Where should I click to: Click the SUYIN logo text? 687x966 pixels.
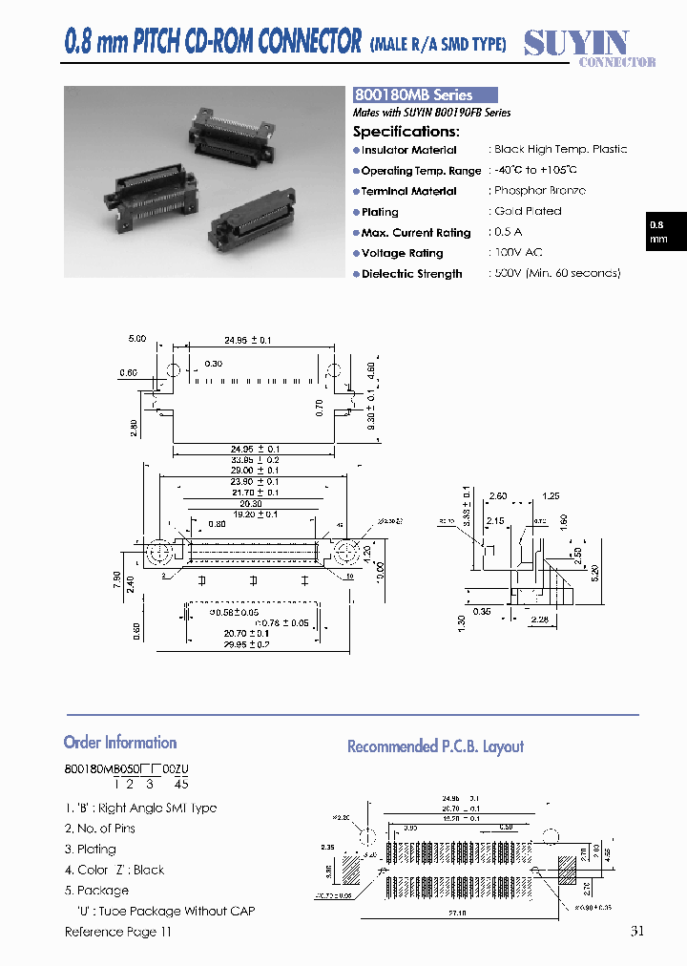tap(576, 43)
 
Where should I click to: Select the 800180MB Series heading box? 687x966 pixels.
tap(426, 95)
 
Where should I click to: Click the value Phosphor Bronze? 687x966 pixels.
tap(540, 191)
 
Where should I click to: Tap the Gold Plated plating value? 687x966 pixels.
tap(528, 211)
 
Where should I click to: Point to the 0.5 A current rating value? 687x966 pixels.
tap(510, 232)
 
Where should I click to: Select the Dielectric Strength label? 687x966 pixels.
tap(411, 274)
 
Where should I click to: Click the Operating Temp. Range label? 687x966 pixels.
tap(421, 171)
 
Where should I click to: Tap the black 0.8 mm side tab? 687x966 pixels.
tap(658, 232)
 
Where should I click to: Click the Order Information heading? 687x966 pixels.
tap(120, 743)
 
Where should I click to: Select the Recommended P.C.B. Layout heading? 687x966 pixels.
tap(435, 746)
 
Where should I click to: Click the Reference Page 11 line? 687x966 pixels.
tap(118, 932)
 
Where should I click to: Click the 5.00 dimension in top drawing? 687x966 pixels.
tap(137, 339)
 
